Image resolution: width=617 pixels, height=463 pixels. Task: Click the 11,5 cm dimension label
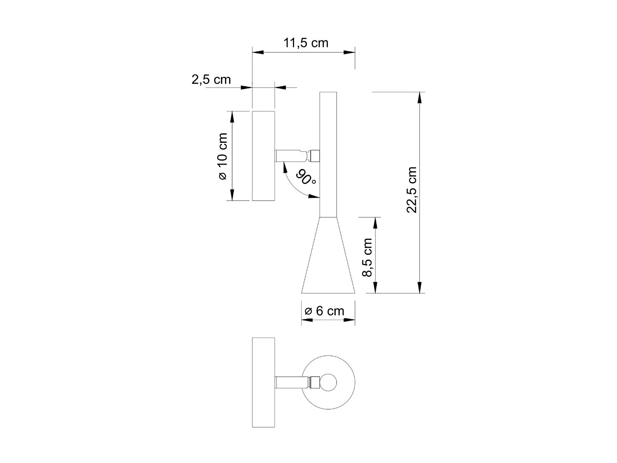(x=306, y=43)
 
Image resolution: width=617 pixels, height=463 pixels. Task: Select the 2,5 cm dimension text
(x=211, y=79)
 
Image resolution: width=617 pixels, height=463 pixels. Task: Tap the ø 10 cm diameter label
(x=222, y=156)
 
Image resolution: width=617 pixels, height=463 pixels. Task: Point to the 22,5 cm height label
(x=412, y=190)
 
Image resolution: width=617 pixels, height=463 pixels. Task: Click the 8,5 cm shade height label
(x=367, y=257)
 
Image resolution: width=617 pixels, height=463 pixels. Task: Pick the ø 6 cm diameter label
(x=325, y=311)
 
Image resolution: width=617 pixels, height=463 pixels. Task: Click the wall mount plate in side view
(x=263, y=156)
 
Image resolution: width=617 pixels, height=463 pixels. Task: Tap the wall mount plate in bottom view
(x=263, y=382)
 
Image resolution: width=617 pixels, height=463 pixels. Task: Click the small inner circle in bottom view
(x=329, y=382)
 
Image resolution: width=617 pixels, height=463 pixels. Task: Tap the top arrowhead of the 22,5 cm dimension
(x=419, y=98)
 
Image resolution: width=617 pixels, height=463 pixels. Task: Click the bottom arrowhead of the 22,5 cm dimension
(x=419, y=287)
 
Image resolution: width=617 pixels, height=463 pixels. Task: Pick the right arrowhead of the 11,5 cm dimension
(x=349, y=52)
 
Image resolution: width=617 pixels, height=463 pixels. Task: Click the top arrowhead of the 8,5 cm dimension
(x=375, y=223)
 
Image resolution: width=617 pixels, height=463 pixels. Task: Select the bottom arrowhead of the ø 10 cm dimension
(x=232, y=195)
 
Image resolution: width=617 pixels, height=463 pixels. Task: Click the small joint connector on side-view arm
(x=315, y=156)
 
